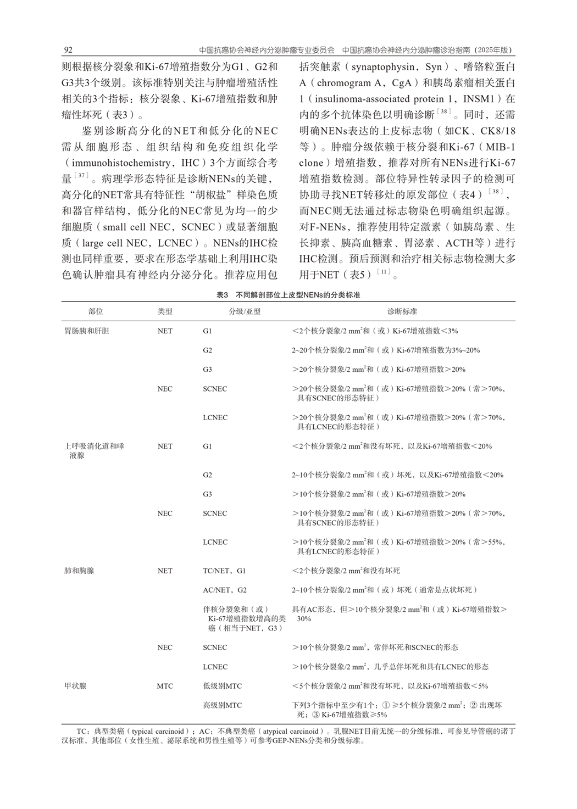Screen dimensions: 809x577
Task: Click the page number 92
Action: [68, 50]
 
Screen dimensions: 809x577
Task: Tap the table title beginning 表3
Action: [288, 295]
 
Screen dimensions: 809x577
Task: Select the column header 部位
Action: [96, 311]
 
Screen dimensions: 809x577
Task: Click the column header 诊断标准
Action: [402, 311]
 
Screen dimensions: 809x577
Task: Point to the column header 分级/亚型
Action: [245, 311]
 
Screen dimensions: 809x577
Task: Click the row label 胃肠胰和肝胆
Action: [87, 331]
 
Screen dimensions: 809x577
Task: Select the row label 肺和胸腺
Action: [79, 571]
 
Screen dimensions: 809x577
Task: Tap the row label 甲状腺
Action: [75, 686]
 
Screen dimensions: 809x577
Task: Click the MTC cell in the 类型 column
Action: [165, 686]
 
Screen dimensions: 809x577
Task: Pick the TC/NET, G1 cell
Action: [224, 571]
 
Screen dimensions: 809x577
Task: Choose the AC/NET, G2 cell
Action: [225, 590]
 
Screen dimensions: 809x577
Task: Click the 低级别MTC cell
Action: [222, 686]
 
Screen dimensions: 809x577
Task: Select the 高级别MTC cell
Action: [222, 705]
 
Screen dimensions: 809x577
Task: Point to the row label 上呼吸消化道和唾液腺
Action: [94, 450]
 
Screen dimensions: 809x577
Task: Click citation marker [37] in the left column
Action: [82, 175]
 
